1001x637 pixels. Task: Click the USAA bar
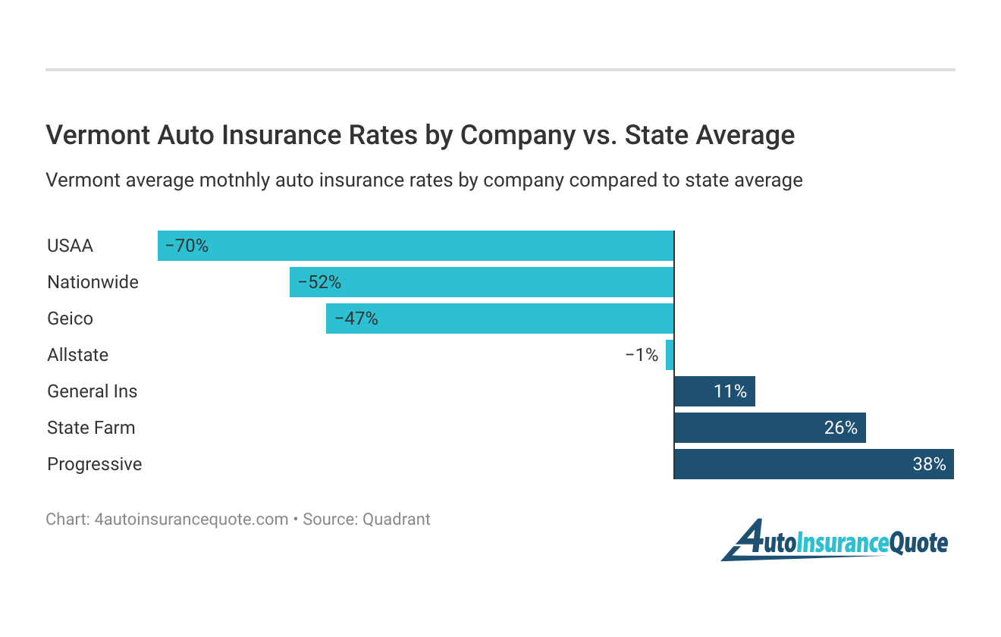click(x=416, y=246)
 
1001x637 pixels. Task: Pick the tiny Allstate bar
click(x=670, y=355)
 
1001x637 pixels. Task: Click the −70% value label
click(x=187, y=246)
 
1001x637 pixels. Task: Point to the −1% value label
click(x=642, y=355)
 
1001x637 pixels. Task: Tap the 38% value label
click(x=929, y=464)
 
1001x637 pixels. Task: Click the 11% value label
click(x=730, y=391)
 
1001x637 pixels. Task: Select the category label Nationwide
click(x=93, y=282)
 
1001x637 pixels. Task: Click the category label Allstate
click(x=77, y=355)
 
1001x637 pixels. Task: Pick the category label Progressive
click(x=94, y=464)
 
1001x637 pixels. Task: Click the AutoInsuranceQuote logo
click(x=834, y=540)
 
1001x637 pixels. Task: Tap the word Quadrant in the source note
click(x=396, y=519)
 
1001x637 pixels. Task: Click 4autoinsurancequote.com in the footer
click(x=190, y=519)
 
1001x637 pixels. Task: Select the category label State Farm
click(x=91, y=428)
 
